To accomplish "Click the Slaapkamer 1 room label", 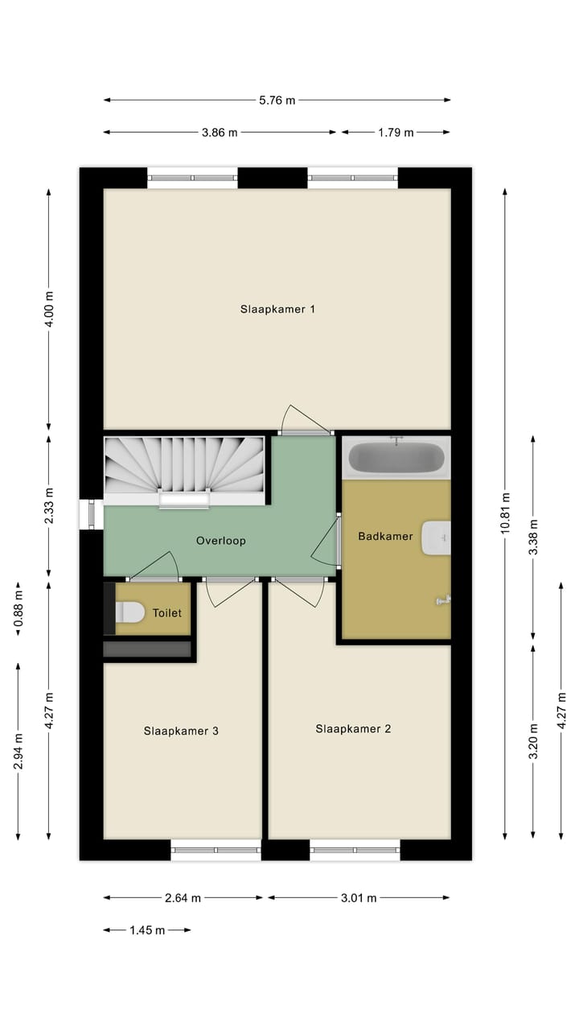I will (277, 309).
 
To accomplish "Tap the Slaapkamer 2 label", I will (353, 729).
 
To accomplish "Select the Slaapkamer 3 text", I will (181, 731).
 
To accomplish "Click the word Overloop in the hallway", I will (220, 541).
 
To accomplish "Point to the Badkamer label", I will (385, 536).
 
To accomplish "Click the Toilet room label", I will (167, 613).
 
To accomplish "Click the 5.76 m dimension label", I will (277, 101).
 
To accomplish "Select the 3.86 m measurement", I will (220, 133).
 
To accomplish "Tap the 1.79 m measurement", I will (396, 133).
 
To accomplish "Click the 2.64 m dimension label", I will (183, 898).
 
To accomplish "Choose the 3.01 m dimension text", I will (358, 898).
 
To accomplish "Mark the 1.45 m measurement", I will (147, 930).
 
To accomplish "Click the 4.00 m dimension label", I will (48, 310).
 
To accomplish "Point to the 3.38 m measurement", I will (532, 538).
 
